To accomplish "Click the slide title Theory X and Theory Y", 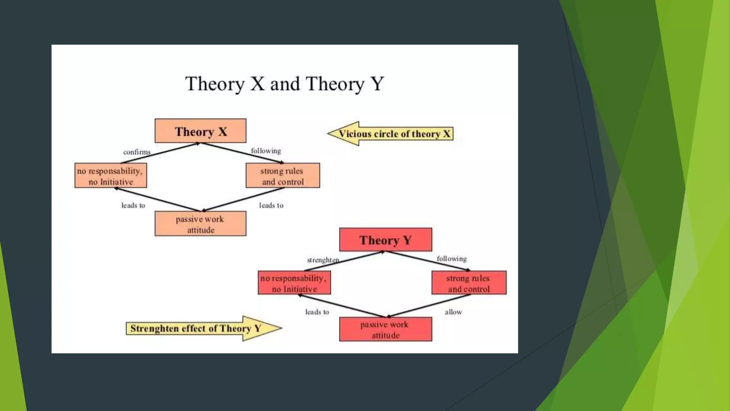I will (284, 84).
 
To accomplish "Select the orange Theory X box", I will (200, 131).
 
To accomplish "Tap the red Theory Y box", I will (385, 240).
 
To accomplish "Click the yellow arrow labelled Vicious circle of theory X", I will (390, 134).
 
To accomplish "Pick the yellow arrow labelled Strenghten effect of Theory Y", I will (203, 329).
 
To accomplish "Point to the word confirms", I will (137, 152).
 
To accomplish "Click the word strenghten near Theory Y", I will (323, 260).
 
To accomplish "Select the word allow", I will (453, 312).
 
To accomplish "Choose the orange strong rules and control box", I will (283, 176).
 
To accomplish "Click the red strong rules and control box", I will (469, 283).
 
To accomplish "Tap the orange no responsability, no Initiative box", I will (110, 176).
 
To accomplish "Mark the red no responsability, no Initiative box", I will (294, 283).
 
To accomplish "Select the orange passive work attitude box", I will (200, 224).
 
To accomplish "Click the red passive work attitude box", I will (385, 329).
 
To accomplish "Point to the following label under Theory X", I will (266, 151).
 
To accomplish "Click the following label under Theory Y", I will (452, 259).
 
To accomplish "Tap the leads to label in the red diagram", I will (317, 312).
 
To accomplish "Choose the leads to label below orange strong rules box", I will (271, 205).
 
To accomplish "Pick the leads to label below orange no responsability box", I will (133, 205).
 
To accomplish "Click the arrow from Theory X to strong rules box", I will (242, 153).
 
